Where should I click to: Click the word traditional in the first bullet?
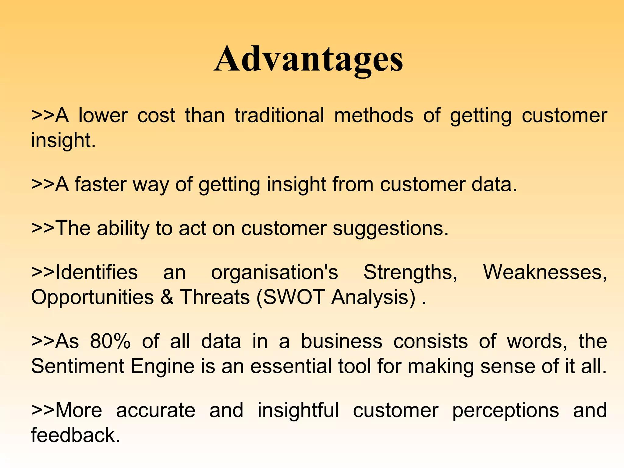279,115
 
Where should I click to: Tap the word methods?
374,115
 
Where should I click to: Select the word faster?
101,184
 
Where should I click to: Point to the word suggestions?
390,229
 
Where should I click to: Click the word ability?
123,229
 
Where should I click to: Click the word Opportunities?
92,297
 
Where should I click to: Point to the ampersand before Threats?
167,297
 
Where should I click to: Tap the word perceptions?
505,410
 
